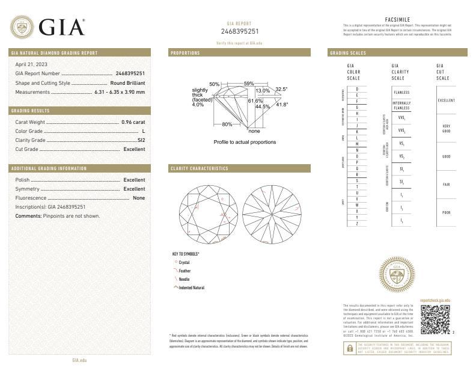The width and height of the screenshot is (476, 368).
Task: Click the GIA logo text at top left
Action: coord(61,27)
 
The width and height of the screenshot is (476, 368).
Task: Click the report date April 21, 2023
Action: coord(31,64)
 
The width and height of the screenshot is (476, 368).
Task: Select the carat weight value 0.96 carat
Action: coord(133,121)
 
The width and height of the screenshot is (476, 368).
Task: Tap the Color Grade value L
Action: coord(143,130)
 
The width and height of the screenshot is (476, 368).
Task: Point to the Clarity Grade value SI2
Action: coord(141,140)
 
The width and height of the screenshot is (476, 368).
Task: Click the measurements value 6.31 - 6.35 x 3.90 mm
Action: coord(120,92)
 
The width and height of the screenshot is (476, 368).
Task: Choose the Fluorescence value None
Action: coord(139,198)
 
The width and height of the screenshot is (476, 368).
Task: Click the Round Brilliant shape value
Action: coord(127,82)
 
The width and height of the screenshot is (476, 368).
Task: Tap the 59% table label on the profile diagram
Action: coord(249,84)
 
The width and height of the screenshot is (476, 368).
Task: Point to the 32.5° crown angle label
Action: coord(281,89)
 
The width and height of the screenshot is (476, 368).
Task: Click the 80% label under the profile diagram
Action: coord(227,124)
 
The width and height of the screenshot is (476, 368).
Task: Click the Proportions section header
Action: coord(186,53)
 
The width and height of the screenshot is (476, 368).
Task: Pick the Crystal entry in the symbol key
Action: coord(184,263)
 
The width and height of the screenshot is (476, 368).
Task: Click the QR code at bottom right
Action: coord(435,319)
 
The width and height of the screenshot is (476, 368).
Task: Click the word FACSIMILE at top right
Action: coord(397,20)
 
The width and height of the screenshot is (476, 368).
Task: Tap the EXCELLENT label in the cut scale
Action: coord(447,100)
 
